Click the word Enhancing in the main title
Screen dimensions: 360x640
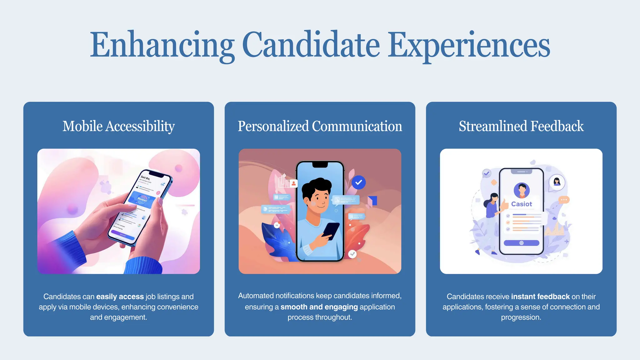[x=162, y=45]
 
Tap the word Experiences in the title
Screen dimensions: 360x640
[x=469, y=45]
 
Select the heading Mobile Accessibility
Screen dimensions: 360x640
[x=118, y=126]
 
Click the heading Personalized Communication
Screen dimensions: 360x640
[x=320, y=126]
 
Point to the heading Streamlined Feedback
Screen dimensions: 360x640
[x=521, y=126]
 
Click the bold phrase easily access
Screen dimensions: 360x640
[x=120, y=297]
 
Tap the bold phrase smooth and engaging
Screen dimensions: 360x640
[x=319, y=307]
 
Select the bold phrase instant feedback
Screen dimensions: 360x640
[x=540, y=297]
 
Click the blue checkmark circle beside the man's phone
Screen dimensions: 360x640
[x=358, y=182]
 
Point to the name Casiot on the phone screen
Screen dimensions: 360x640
[x=521, y=204]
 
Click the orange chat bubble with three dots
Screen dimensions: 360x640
[x=564, y=200]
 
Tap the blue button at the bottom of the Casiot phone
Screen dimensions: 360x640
[x=521, y=243]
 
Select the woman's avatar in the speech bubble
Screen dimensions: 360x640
[x=557, y=182]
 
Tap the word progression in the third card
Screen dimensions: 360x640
[x=521, y=317]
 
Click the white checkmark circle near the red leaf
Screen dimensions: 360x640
[x=352, y=254]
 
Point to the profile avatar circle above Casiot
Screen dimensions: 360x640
[x=522, y=190]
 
